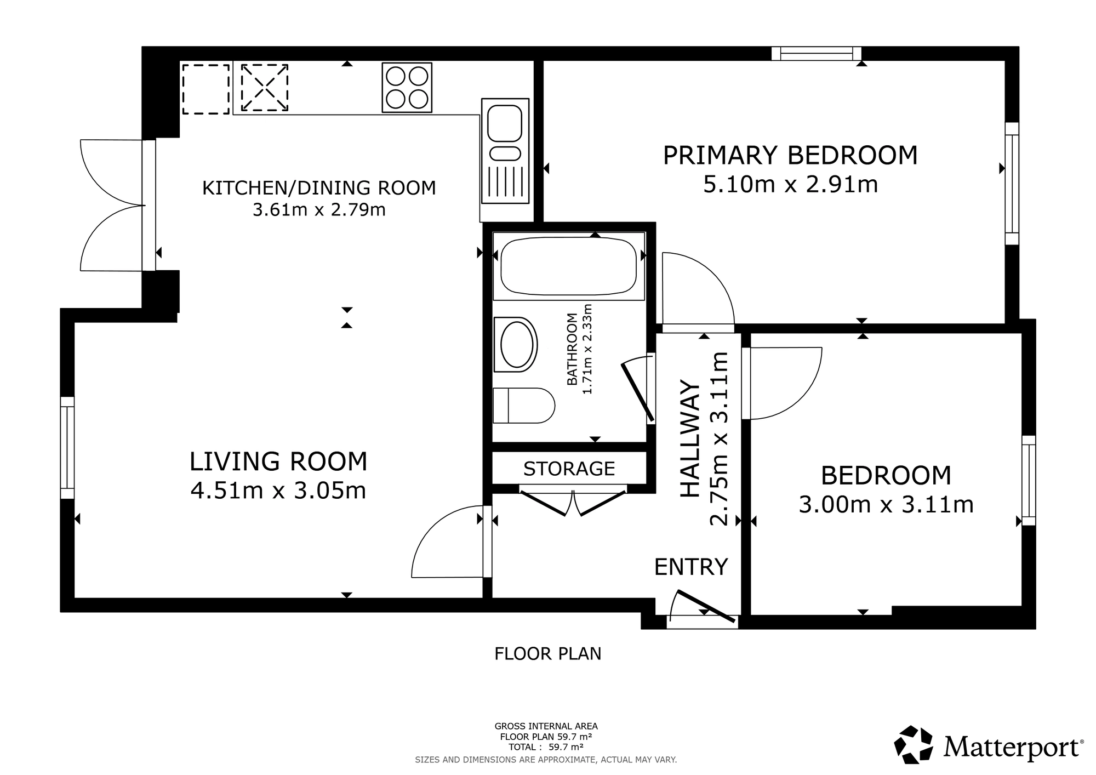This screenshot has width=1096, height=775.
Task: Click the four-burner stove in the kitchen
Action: coord(407,88)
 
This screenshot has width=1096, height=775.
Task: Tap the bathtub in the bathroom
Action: coord(569,266)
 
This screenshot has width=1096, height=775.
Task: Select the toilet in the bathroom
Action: coord(524,406)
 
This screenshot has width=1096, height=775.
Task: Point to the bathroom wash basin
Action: coord(516,345)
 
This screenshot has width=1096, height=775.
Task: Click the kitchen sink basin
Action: coord(505,123)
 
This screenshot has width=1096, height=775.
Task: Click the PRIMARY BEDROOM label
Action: coord(790,155)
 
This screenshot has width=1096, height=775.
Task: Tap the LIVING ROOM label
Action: coord(278,461)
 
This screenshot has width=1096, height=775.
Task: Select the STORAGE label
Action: coord(569,469)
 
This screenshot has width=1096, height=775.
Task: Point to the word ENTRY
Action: coord(691,567)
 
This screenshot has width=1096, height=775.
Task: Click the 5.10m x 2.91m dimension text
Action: coord(790,185)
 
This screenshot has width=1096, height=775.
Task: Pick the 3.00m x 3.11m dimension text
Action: coord(886,504)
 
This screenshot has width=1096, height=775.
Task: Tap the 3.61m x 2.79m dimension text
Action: coord(319,210)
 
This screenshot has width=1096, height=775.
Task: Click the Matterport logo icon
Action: coord(914,744)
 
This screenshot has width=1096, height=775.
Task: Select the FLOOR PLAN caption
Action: coord(548,654)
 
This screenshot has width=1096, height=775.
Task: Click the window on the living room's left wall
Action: coord(67,448)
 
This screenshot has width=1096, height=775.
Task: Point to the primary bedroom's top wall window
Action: coord(817,54)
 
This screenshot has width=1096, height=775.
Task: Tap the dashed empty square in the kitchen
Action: coord(206,89)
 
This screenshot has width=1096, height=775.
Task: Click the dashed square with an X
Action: coord(265,88)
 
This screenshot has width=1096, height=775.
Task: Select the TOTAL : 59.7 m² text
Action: coord(546,746)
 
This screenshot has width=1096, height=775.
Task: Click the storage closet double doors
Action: coord(573,500)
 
